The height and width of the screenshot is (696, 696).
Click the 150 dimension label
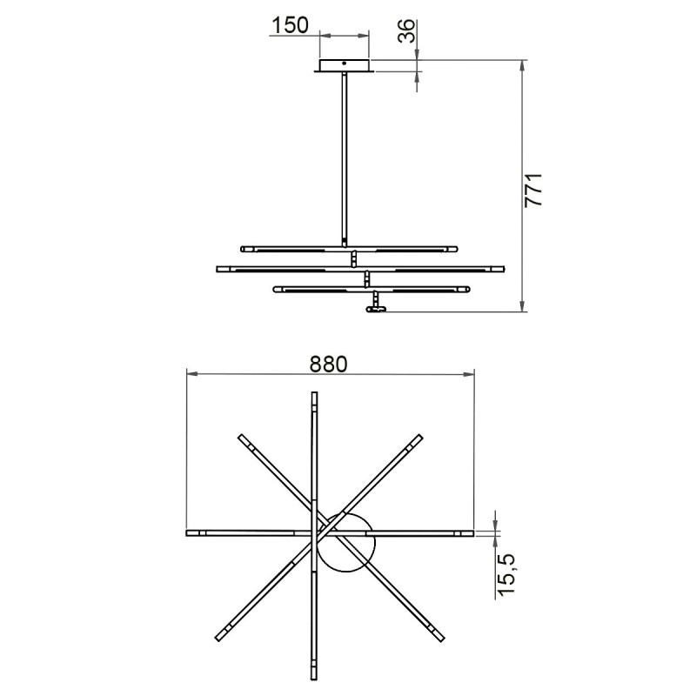(290, 25)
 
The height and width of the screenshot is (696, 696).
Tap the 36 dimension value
(406, 30)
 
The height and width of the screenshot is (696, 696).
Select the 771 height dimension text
(533, 190)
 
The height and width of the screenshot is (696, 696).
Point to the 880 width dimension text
(328, 364)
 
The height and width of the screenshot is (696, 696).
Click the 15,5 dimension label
(505, 574)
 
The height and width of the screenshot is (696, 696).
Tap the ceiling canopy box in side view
(345, 65)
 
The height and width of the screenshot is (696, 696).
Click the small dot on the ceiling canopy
(344, 64)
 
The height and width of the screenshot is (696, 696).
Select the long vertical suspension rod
(345, 159)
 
